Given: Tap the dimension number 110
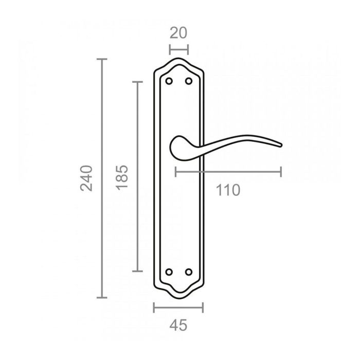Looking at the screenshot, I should point(228,190).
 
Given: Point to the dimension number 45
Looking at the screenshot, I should point(178,325).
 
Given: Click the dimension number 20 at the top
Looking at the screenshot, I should point(178,33).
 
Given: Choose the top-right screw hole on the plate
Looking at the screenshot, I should point(188,81).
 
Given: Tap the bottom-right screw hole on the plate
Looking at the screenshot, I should point(188,271).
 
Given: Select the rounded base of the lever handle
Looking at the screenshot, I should point(175,146).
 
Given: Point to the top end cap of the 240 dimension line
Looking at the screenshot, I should point(102,60).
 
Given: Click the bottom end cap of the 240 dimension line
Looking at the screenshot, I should point(102,298).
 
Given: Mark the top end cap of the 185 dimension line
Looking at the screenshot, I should point(137,82).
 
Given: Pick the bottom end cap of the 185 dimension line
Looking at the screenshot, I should point(137,271).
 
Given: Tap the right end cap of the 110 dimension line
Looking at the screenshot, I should point(281,171).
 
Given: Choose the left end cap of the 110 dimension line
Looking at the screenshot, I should point(175,171).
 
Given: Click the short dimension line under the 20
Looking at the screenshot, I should point(179,49).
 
